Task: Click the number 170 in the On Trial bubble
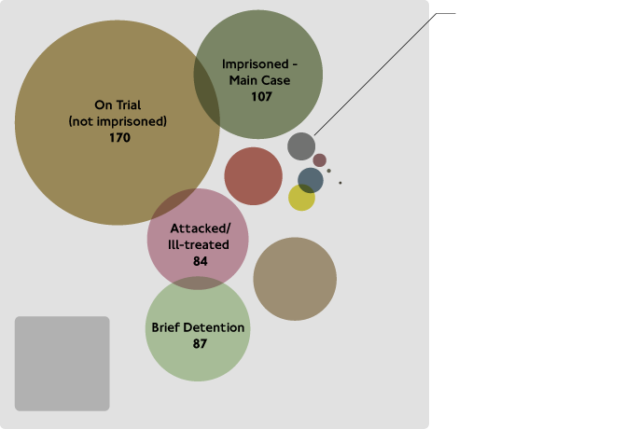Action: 118,138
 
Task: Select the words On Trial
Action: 118,104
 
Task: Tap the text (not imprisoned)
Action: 118,121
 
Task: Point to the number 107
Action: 260,97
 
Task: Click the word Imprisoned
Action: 246,63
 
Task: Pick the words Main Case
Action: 260,80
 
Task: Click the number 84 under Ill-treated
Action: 200,262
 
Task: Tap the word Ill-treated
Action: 199,245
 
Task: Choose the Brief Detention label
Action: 198,327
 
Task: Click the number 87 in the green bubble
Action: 198,344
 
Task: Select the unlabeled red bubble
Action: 253,175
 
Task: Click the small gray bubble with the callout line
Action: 301,146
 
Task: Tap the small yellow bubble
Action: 301,198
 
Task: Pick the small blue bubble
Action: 311,180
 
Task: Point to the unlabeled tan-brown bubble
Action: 295,279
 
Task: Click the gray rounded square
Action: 62,364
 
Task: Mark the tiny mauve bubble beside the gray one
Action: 319,160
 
